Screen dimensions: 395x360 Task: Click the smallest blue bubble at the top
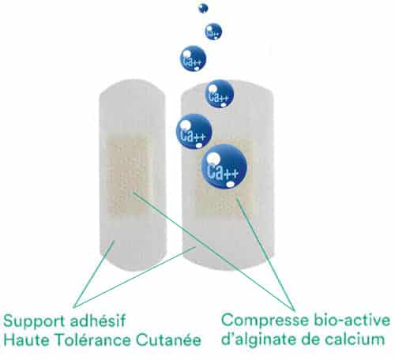(x=203, y=9)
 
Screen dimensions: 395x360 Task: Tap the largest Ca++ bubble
(x=224, y=167)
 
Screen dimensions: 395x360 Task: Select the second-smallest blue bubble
(x=213, y=32)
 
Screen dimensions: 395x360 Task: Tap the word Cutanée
(x=168, y=340)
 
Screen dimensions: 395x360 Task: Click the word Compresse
(x=265, y=321)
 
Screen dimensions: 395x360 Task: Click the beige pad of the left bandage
(x=127, y=176)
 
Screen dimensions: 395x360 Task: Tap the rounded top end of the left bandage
(x=133, y=87)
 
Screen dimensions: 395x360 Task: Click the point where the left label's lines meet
(x=74, y=306)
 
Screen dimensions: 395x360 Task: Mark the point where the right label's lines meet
(x=294, y=309)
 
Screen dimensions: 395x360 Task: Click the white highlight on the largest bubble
(x=213, y=159)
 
